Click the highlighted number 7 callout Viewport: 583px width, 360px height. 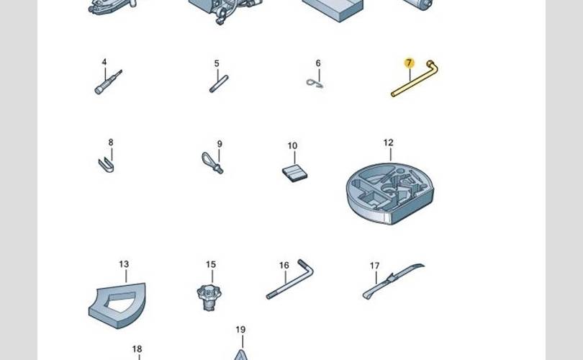[x=409, y=63]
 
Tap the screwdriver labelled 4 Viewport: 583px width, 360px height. [x=108, y=83]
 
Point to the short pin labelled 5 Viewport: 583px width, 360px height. [x=219, y=84]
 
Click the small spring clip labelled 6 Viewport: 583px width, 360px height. [x=315, y=84]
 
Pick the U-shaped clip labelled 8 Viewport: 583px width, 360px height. [x=107, y=165]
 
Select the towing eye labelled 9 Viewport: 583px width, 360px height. [x=212, y=163]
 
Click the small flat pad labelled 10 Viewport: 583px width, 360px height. [x=294, y=174]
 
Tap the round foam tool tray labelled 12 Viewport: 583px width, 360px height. [x=390, y=194]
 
